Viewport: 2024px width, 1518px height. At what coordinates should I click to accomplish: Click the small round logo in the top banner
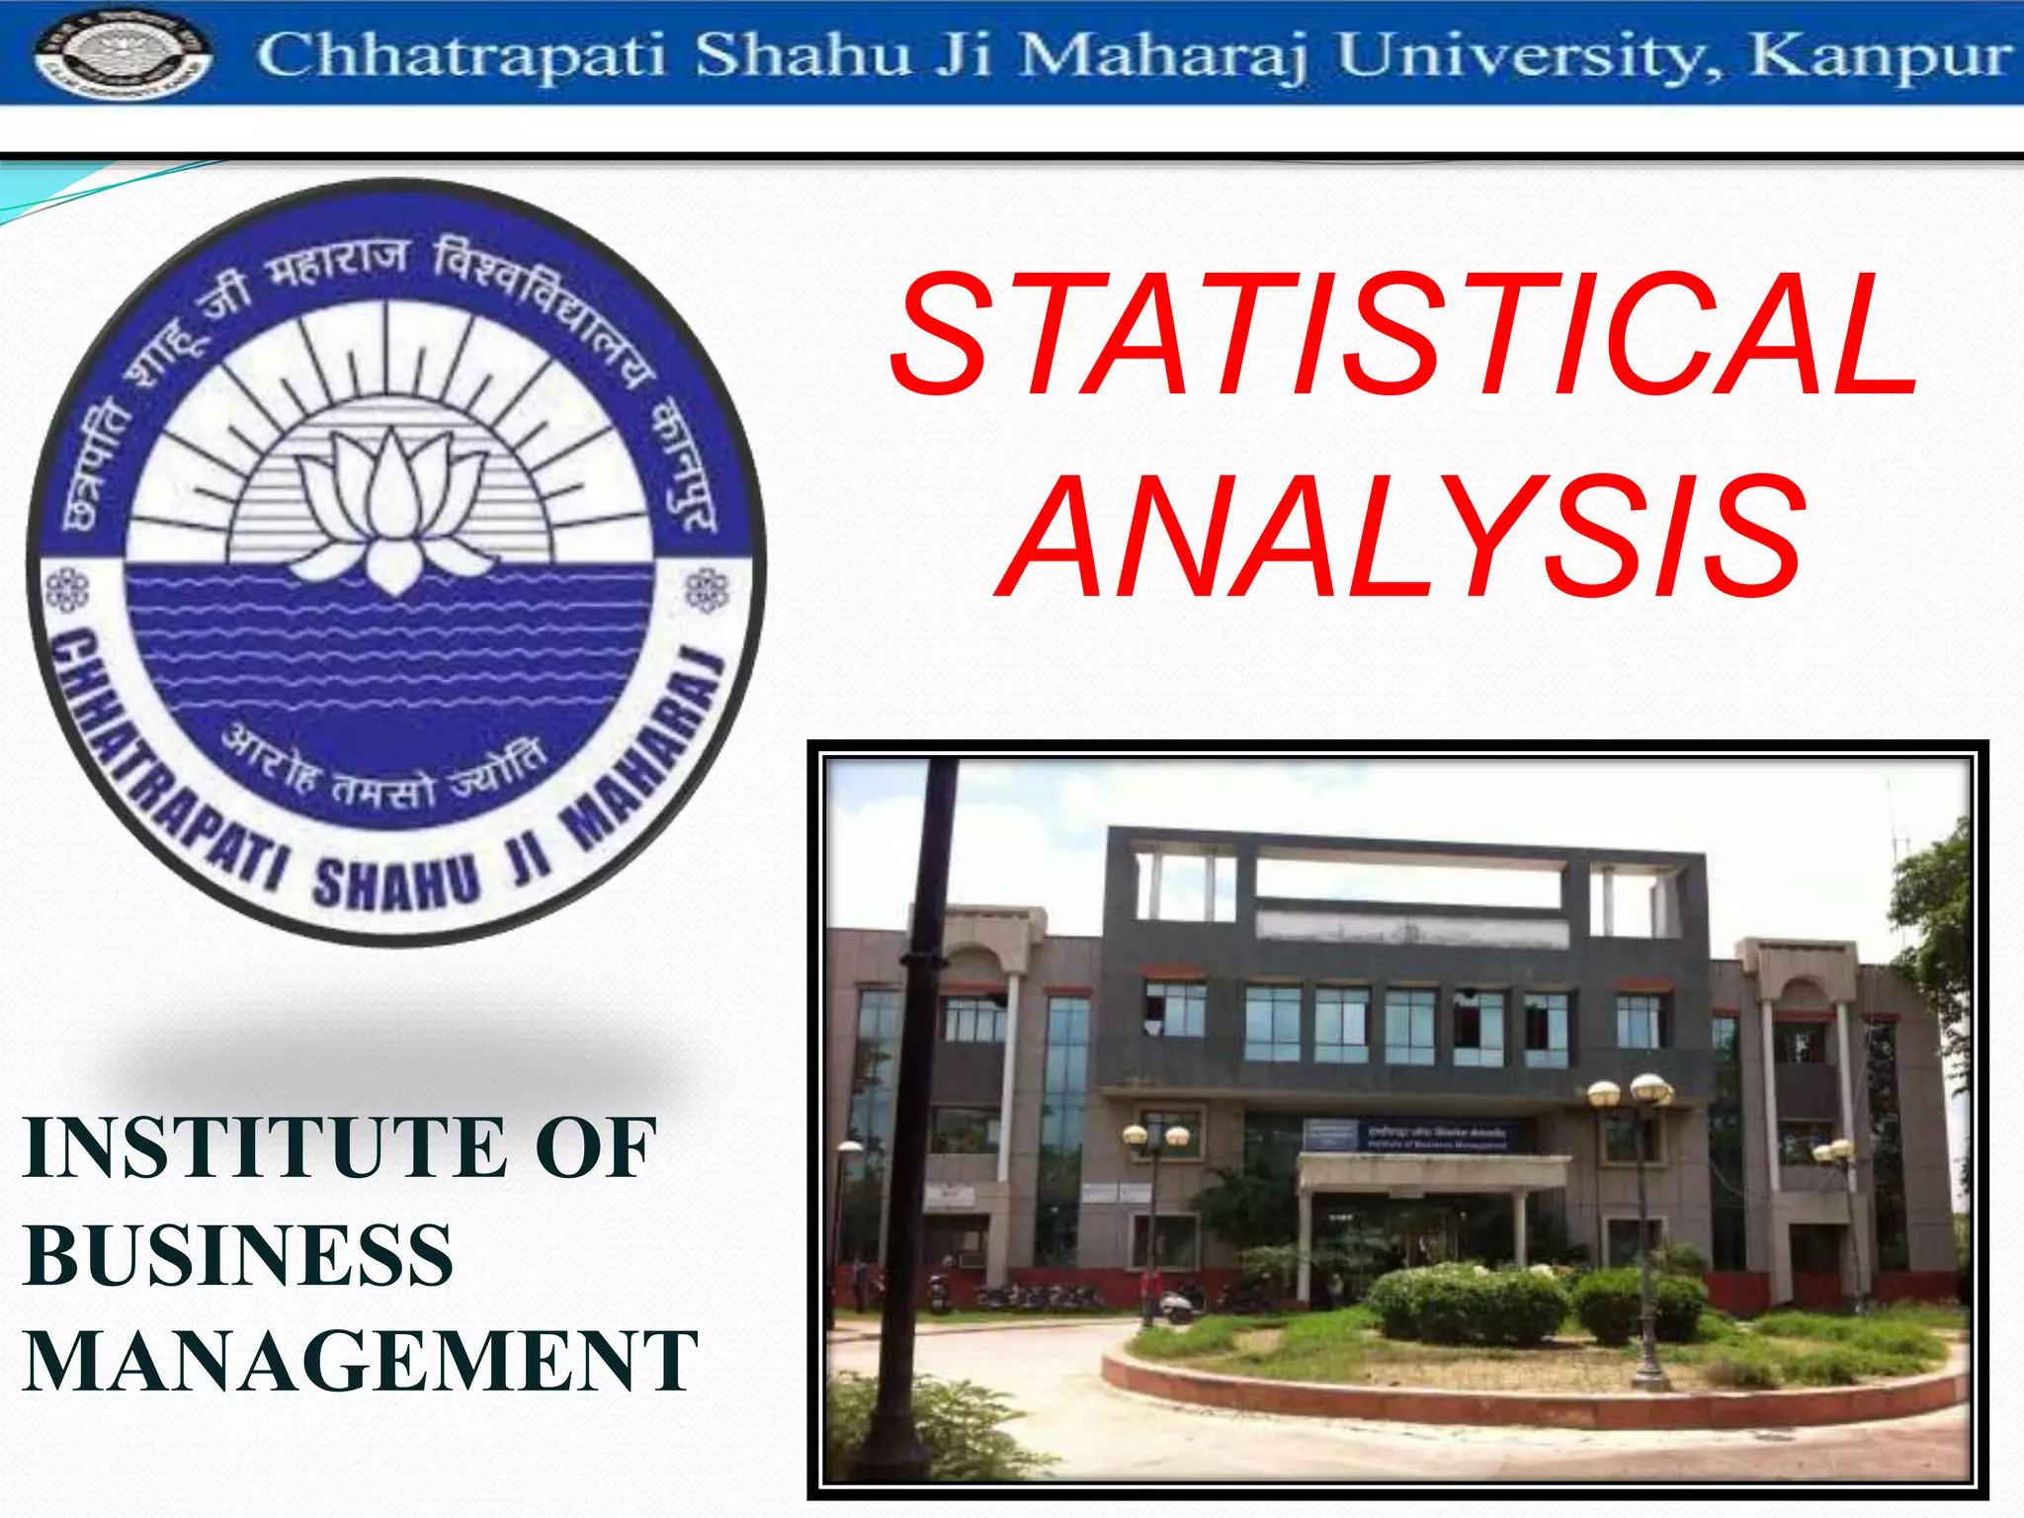(x=123, y=54)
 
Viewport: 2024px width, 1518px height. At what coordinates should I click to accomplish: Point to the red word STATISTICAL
(x=1403, y=336)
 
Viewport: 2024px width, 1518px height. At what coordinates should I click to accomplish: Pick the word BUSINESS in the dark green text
(x=238, y=1255)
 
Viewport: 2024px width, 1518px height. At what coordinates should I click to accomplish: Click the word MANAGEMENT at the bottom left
(x=361, y=1362)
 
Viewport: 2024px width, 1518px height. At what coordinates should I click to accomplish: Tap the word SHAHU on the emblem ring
(x=395, y=883)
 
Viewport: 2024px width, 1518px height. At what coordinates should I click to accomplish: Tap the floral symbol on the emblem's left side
(x=67, y=590)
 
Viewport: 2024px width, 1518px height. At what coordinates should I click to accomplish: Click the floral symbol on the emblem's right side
(x=708, y=590)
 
